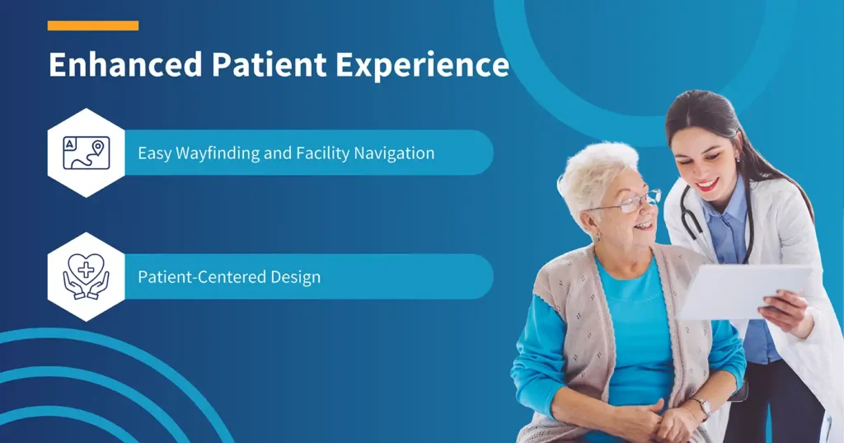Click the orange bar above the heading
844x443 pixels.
point(92,26)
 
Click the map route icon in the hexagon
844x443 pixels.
point(87,153)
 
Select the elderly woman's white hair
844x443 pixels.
point(593,169)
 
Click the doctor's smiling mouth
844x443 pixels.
point(706,184)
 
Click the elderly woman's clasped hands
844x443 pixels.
point(651,421)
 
